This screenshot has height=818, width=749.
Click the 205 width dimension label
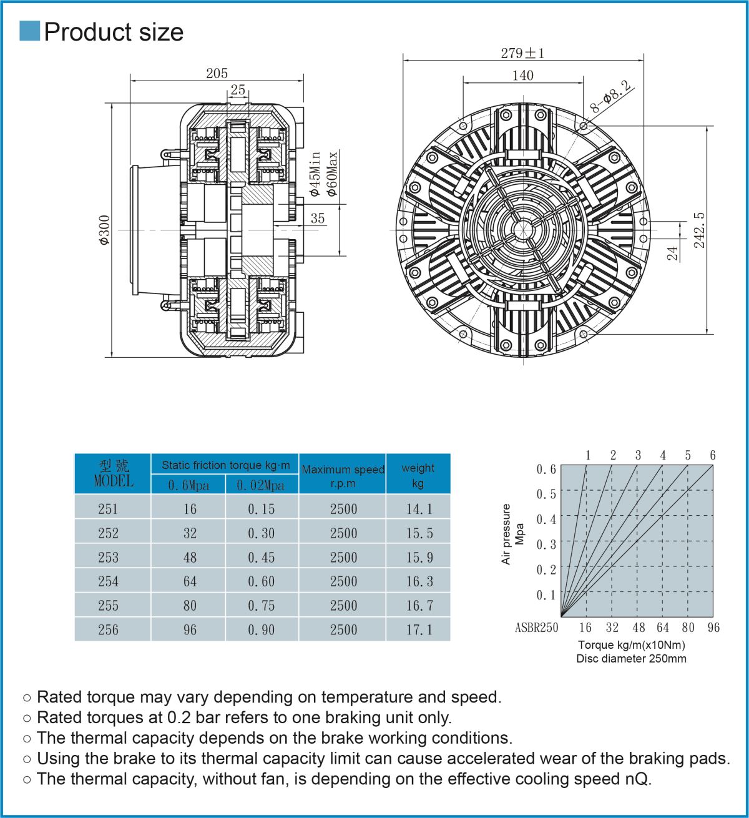[217, 74]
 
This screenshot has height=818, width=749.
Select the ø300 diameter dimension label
[104, 230]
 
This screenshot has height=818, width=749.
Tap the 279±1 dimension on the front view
[522, 54]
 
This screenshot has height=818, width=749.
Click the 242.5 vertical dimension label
[700, 230]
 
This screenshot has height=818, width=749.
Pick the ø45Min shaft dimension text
[315, 174]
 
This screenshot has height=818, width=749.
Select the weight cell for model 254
[419, 581]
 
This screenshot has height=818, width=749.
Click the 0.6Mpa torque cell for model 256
[190, 629]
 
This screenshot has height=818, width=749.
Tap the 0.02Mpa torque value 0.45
[261, 557]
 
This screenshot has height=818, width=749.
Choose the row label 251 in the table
[108, 509]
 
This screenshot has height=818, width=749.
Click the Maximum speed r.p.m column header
[343, 475]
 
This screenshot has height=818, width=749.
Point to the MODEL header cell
[113, 474]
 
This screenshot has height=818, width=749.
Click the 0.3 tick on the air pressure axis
[546, 544]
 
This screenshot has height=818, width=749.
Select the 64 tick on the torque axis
[662, 628]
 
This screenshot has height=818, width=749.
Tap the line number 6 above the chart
[712, 455]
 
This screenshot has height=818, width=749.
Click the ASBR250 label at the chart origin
[536, 628]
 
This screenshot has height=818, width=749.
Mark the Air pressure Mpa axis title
[513, 534]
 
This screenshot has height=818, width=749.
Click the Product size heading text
[114, 32]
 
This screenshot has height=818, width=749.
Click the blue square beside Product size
[29, 31]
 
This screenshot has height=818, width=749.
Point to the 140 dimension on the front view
[522, 76]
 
